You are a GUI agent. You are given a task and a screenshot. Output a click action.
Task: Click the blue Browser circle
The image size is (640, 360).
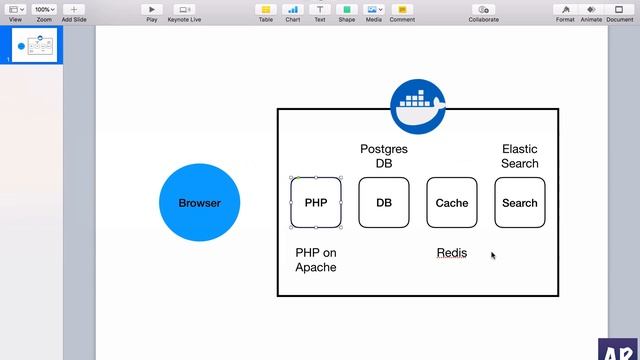tap(199, 203)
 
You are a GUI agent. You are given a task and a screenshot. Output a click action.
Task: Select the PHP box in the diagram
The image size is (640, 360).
tap(316, 203)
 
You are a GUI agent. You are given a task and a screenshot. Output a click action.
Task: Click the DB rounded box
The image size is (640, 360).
tap(384, 203)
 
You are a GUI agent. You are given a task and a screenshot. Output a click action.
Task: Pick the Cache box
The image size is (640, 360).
tap(452, 203)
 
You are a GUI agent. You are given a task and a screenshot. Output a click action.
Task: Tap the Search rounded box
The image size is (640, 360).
tap(520, 203)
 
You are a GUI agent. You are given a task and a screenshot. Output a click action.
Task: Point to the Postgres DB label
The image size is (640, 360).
tap(384, 156)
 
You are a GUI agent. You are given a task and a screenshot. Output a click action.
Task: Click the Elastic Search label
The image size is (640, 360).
tap(520, 156)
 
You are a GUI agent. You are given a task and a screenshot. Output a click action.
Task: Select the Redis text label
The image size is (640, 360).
tap(452, 253)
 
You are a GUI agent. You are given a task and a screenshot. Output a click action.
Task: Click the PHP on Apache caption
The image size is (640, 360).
tap(316, 260)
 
